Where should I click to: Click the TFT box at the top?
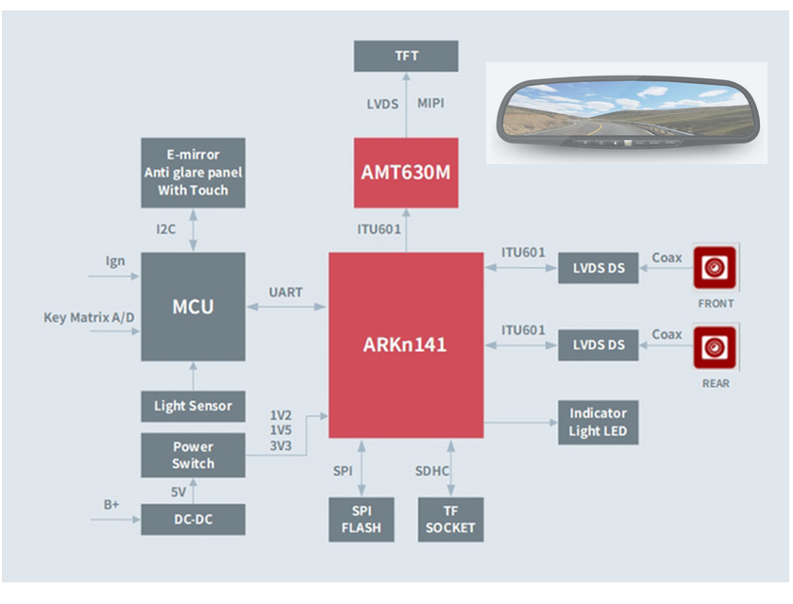click(406, 56)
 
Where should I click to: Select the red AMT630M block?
click(406, 173)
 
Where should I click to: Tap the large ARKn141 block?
click(405, 345)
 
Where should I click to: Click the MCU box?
click(193, 307)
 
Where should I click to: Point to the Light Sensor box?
click(193, 407)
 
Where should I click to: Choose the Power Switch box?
click(193, 455)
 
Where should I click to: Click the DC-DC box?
click(193, 519)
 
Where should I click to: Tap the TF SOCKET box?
click(450, 519)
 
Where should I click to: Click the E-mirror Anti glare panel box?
click(193, 173)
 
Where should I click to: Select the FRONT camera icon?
click(715, 269)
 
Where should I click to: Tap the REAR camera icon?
click(715, 349)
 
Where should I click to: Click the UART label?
click(285, 293)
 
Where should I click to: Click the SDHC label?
click(432, 471)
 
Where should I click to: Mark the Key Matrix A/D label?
click(90, 318)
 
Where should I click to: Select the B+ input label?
click(111, 505)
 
